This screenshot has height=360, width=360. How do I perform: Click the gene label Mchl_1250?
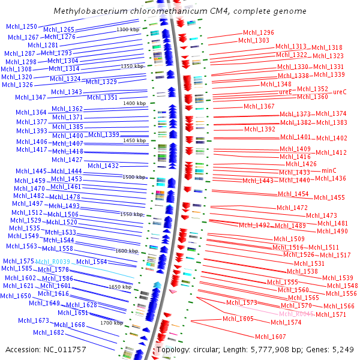22,26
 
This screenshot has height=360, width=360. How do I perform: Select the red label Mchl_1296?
259,33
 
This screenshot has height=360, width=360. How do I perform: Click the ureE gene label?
285,92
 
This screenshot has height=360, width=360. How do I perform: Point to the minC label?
329,170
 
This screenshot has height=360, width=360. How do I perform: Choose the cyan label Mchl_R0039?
53,262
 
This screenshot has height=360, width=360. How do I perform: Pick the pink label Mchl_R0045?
296,314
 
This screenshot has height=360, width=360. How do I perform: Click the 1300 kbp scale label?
127,29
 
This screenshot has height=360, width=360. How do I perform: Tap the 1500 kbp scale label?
134,177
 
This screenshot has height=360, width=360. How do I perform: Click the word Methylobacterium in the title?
89,11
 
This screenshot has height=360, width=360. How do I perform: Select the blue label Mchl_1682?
49,332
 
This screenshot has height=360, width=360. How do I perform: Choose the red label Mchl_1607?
271,337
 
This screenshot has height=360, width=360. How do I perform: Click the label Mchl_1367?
259,106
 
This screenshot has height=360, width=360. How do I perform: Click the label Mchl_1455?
329,197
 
